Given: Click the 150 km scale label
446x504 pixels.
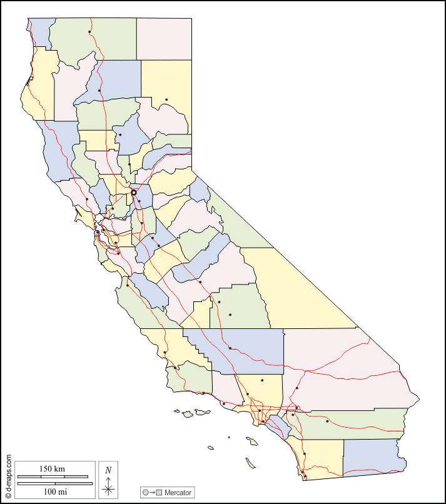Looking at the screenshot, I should point(52,468).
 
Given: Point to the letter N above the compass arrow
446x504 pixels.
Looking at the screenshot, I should point(108,470).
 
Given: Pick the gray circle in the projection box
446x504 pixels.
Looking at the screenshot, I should point(146,493).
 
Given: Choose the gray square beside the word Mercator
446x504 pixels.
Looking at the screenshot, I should point(160,493).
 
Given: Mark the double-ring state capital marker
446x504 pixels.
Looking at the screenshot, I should point(134,193).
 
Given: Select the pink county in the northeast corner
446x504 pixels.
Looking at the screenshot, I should point(164,39).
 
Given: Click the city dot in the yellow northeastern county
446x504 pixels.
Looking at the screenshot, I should point(166,99).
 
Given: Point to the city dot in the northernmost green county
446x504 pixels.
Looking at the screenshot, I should point(89,32).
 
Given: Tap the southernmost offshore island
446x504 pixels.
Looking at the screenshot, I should point(250,463).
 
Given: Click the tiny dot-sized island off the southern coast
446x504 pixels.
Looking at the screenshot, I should point(229,437).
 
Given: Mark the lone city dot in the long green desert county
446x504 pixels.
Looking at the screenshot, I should point(327,421).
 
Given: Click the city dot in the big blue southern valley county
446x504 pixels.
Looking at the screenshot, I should point(230,348).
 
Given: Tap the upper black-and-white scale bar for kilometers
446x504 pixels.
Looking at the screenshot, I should point(52,476).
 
